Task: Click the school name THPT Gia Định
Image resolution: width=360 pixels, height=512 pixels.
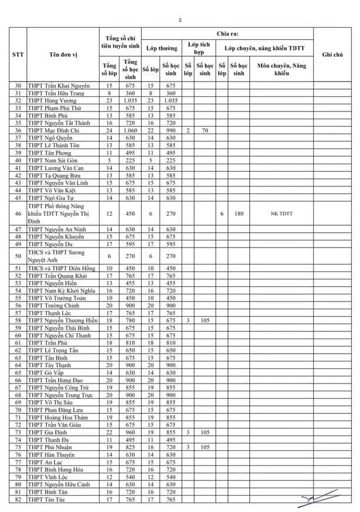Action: coord(46,431)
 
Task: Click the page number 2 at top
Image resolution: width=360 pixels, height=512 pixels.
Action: coord(180,20)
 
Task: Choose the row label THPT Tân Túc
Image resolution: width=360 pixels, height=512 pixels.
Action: coord(46,499)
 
